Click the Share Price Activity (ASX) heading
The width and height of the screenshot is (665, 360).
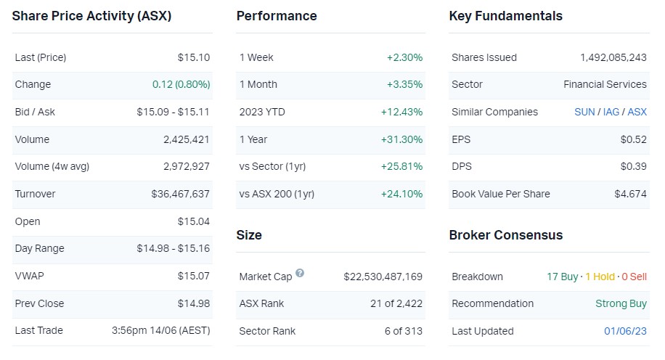click(91, 16)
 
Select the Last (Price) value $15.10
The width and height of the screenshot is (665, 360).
click(194, 57)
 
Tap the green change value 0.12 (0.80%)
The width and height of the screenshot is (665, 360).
click(181, 84)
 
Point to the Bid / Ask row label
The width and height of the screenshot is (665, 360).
click(35, 112)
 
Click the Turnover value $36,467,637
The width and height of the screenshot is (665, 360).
click(180, 194)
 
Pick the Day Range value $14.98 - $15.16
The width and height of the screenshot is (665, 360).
click(173, 248)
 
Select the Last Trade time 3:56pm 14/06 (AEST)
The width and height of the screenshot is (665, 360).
click(160, 330)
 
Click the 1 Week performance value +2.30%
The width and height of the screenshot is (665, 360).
click(404, 57)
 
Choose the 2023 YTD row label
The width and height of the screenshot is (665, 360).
click(261, 112)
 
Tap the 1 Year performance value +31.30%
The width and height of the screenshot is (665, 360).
click(401, 139)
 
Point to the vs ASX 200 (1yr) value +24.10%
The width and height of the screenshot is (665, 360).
click(401, 194)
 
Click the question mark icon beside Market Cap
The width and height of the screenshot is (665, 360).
click(300, 274)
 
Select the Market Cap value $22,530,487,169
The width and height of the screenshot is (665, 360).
click(383, 277)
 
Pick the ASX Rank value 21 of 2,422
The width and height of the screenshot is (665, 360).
click(396, 303)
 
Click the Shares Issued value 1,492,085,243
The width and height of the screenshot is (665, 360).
click(613, 57)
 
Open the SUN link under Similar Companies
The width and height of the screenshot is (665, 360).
click(584, 112)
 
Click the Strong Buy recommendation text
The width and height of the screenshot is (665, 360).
click(621, 303)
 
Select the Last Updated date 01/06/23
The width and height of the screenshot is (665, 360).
click(625, 331)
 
